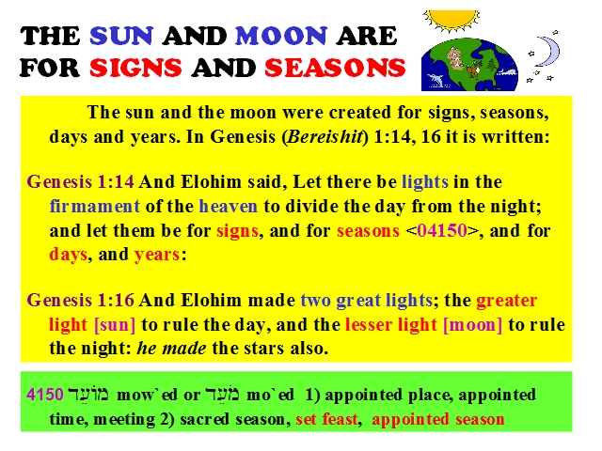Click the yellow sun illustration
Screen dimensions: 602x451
coord(451,19)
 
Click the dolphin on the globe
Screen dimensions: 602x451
coord(435,80)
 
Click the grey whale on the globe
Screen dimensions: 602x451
coord(507,71)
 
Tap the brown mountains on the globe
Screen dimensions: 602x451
coord(455,57)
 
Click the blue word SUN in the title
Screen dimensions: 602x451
coord(121,36)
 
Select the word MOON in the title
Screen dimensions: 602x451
coord(281,36)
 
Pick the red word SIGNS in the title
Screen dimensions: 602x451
coord(135,68)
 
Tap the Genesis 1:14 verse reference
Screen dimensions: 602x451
coord(80,181)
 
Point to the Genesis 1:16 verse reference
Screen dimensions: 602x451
coord(80,300)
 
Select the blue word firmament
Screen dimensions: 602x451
coord(94,207)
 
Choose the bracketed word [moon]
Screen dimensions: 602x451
coord(472,324)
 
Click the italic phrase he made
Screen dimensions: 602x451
coord(171,349)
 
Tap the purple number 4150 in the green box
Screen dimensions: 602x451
coord(45,395)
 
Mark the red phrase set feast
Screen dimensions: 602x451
coord(326,419)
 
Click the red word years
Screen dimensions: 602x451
coord(157,255)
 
